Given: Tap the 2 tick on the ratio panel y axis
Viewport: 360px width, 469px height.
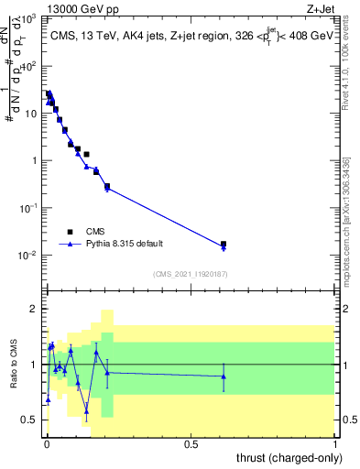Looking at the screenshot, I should pos(35,309).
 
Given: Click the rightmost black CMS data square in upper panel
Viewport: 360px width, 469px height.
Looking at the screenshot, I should pos(224,245).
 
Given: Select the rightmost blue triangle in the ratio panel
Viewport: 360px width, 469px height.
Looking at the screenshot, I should pos(224,376).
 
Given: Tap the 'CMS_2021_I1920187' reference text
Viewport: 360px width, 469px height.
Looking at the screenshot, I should pos(190,274).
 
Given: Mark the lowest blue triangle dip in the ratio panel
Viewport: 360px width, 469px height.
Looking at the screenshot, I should pos(86,411).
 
